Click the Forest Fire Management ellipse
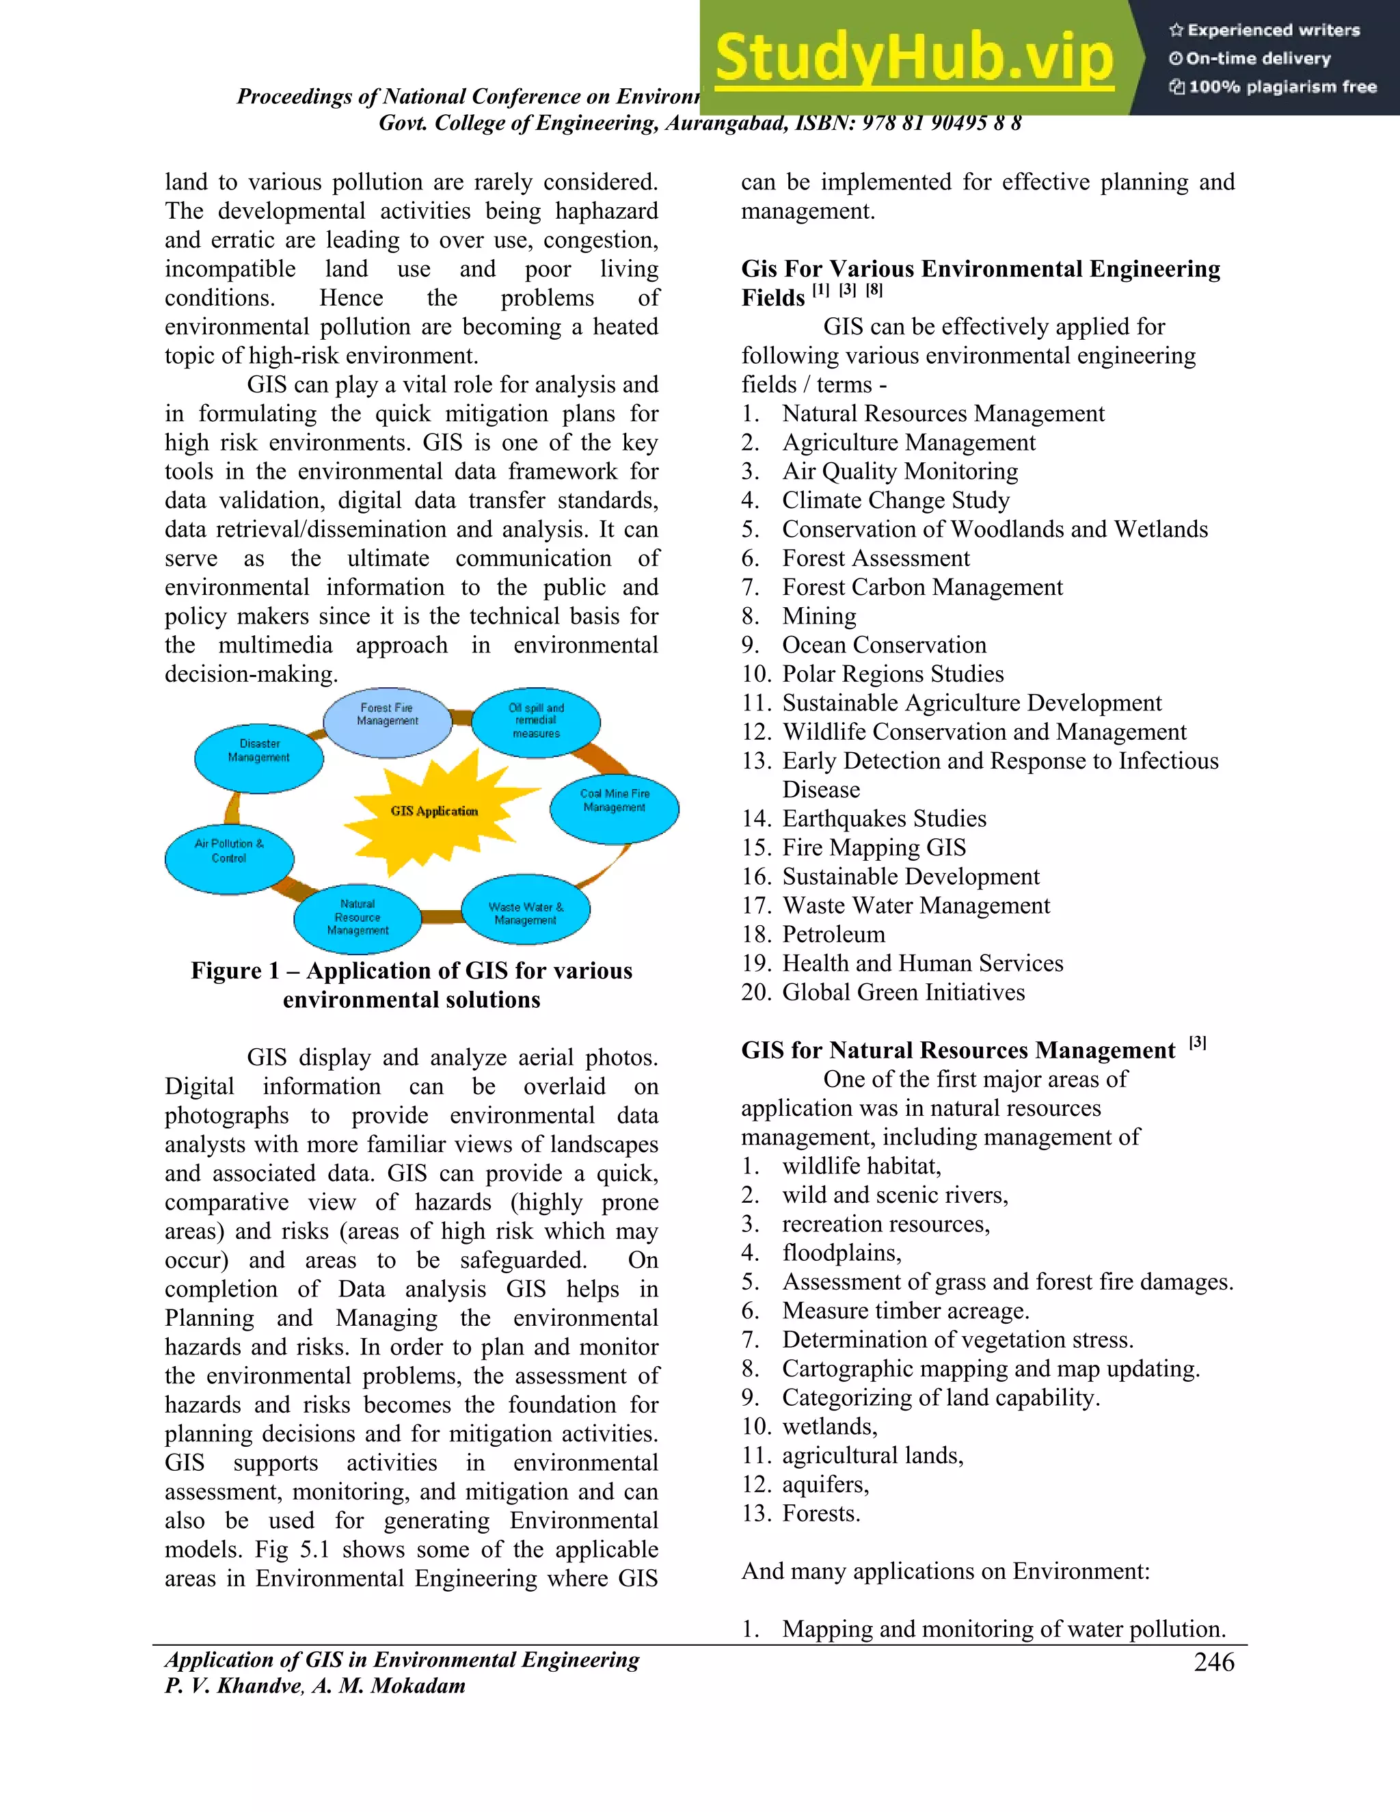click(x=388, y=721)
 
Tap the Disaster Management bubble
click(x=259, y=758)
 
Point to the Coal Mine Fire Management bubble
click(x=615, y=808)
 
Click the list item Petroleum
click(x=833, y=935)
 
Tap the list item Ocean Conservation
click(x=884, y=645)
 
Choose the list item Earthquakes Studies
click(x=884, y=819)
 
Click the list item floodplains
click(x=841, y=1253)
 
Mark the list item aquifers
click(x=825, y=1484)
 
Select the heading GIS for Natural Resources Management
click(x=958, y=1051)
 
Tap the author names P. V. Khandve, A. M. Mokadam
click(x=315, y=1687)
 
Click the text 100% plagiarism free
click(x=1282, y=87)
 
